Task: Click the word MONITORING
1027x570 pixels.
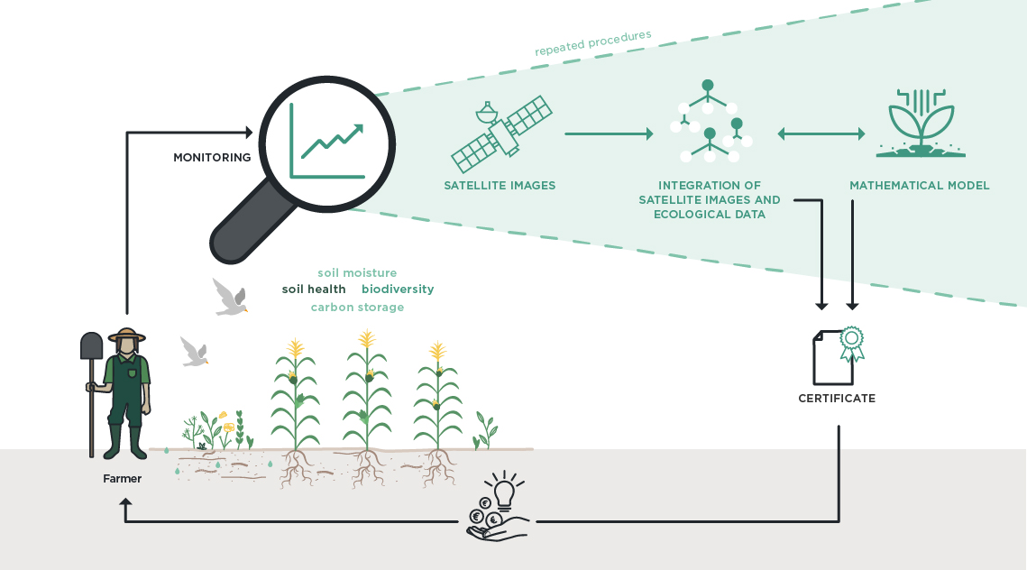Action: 212,158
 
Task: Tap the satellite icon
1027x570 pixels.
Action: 501,135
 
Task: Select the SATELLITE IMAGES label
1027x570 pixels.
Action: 500,186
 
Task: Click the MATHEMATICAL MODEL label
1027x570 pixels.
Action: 919,186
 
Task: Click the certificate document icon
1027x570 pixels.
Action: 833,357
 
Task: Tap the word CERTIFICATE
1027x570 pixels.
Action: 837,398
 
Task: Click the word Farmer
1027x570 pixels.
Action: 122,479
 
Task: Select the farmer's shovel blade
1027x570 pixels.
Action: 91,345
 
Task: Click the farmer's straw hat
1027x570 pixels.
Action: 127,336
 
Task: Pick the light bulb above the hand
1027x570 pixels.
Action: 503,493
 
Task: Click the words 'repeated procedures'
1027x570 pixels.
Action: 593,42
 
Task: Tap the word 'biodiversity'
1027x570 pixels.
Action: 398,290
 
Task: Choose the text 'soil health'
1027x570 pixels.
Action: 314,290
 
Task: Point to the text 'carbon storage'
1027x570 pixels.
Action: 357,308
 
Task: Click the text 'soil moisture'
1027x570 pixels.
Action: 357,272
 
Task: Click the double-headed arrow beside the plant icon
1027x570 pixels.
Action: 821,134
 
